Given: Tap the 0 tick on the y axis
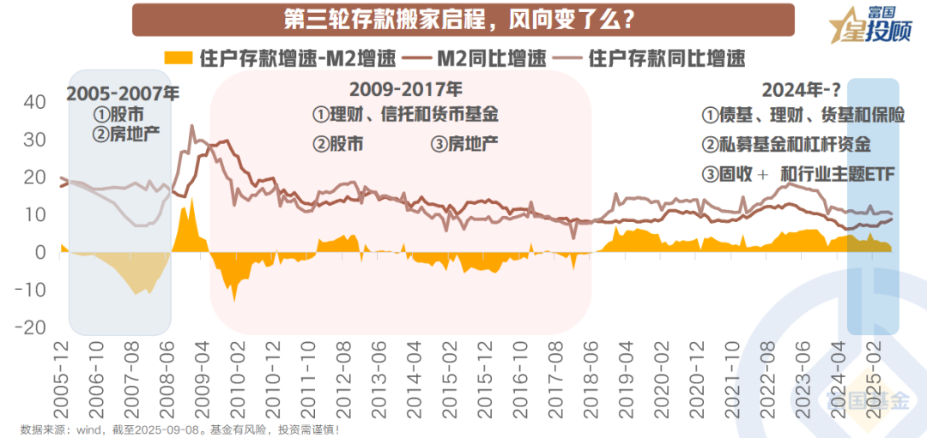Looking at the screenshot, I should pyautogui.click(x=39, y=253).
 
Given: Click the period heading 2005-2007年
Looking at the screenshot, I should pyautogui.click(x=123, y=93).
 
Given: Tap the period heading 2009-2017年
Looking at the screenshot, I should pyautogui.click(x=406, y=88).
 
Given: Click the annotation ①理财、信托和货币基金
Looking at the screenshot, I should pyautogui.click(x=405, y=114).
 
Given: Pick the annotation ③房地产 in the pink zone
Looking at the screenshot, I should pyautogui.click(x=464, y=144).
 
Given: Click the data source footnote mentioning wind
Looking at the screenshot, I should pyautogui.click(x=180, y=429).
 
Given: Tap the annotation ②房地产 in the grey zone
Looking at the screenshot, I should pyautogui.click(x=125, y=133).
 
